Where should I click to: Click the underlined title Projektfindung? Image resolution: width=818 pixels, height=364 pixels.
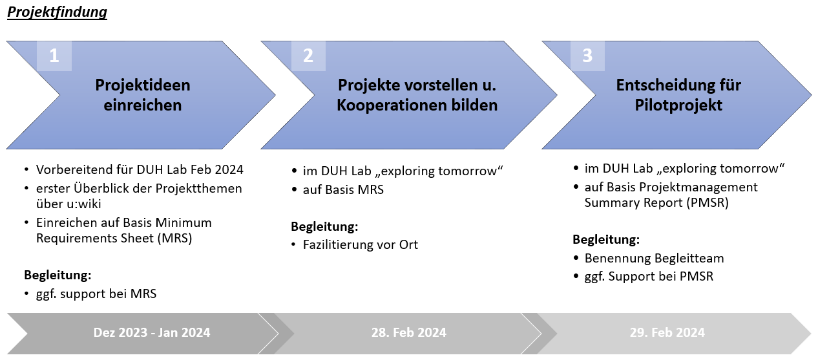57,12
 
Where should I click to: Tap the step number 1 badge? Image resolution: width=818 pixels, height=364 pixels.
54,56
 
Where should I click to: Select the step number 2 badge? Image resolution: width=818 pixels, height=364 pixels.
308,56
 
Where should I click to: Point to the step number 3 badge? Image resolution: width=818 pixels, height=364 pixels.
587,56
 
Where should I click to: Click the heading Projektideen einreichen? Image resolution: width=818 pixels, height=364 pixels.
143,95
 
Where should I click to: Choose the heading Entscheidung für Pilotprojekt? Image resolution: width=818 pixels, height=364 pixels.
678,95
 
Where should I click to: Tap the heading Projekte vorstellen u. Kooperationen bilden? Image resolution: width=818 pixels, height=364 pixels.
417,95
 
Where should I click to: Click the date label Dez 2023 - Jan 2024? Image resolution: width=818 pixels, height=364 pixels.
152,332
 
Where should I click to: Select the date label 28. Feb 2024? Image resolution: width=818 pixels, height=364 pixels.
408,332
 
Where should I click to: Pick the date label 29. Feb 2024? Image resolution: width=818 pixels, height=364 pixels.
667,332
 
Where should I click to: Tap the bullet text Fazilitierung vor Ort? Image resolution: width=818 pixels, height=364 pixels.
360,244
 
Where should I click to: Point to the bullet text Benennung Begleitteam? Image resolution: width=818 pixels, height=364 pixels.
654,259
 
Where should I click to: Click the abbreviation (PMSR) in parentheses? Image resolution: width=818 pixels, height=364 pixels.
708,203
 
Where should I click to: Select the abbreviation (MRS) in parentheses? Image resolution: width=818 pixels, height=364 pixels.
174,239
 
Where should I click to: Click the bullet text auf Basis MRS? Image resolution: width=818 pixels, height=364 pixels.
343,189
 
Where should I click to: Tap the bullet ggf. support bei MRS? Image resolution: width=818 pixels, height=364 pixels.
96,294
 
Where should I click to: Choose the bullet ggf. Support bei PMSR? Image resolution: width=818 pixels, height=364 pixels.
649,277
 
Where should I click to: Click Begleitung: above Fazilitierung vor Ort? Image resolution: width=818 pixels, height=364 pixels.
324,227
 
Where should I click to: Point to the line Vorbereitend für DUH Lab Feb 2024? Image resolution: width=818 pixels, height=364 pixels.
140,169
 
